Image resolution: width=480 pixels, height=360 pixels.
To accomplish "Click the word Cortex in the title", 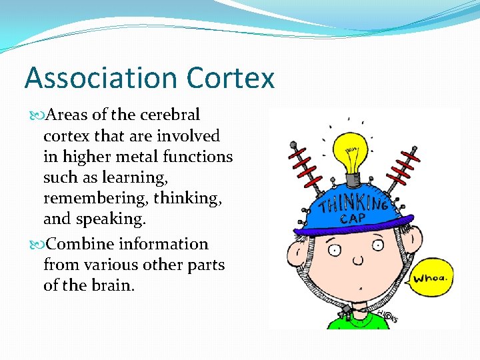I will pyautogui.click(x=231, y=78).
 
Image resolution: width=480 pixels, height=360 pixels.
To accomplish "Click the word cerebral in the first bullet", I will pyautogui.click(x=170, y=115).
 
